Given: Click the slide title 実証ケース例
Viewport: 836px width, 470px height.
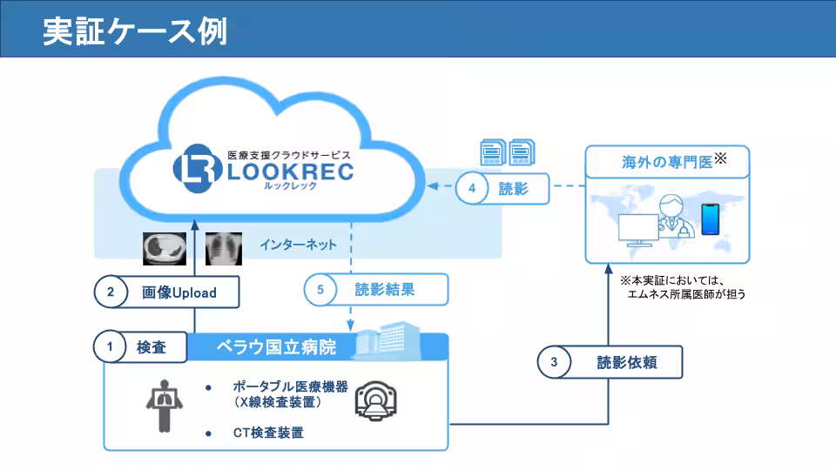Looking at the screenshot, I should coord(135,30).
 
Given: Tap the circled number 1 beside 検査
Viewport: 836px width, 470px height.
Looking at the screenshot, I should coord(110,347).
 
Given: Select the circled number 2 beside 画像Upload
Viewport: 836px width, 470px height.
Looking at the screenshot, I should coord(111,292).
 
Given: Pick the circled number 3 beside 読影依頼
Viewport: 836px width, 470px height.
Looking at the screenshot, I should coord(555,363).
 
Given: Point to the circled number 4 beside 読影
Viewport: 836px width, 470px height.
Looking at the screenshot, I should coord(472,188).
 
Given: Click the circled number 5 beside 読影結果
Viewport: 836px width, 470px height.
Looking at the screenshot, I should coord(320,290).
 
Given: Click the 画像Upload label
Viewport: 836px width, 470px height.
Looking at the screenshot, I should coord(179,292).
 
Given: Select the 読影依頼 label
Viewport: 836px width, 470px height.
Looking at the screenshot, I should coord(626,363).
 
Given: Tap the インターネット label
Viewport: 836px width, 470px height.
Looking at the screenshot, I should coord(298,245).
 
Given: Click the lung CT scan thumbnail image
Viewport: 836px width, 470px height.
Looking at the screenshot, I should coord(165,248).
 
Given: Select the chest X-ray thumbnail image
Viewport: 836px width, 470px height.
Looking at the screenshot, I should coord(223,248).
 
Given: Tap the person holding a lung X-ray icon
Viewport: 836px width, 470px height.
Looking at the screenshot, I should coord(163,404).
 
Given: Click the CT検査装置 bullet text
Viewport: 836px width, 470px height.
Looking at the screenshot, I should coord(268,432).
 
